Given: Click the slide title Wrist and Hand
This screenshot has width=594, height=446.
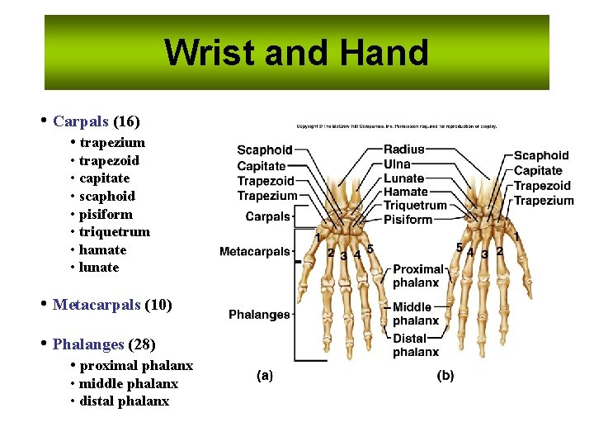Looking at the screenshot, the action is pos(296,53).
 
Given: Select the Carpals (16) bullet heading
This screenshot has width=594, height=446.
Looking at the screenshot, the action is pos(96,121).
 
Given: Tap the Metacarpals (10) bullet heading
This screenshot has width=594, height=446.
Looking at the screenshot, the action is pos(112,305).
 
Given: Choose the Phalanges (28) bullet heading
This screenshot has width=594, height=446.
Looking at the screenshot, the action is pos(104,344).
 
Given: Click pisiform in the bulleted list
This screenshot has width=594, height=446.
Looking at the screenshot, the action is pos(106,214).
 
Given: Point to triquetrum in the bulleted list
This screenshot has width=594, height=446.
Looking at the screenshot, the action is pos(115,232).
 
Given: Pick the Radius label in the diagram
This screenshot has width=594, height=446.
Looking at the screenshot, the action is pos(404,149).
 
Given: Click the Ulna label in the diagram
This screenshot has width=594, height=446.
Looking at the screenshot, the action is pos(397,164).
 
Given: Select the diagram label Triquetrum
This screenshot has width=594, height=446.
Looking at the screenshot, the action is pos(415,206).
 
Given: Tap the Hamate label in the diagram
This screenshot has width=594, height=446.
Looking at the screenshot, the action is pos(405,192).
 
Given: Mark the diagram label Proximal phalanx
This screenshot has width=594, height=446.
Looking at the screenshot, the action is pos(417,276).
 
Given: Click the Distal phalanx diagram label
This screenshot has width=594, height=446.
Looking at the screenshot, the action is pos(415,345).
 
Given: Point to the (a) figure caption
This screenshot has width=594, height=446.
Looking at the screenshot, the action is pos(265,376).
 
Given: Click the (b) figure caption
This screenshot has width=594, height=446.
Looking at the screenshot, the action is pos(445,376).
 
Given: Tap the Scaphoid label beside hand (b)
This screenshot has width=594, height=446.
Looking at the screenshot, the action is pos(541,155).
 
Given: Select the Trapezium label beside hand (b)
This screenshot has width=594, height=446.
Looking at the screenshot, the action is pos(544,201).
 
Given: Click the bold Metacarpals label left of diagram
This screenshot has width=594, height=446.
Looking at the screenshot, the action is pos(255,251).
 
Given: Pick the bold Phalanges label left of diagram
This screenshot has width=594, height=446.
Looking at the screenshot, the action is pos(259,315).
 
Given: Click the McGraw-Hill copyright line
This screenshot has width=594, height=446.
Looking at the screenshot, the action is pos(396,126).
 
